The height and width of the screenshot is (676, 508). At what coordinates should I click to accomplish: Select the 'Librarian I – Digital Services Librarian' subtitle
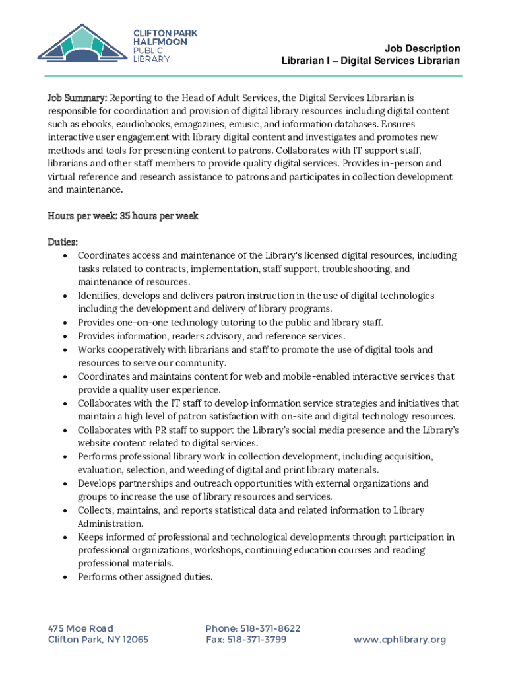(x=370, y=61)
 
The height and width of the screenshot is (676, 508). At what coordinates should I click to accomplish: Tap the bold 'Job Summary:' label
(x=77, y=98)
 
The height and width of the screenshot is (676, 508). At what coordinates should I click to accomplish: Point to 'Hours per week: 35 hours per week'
(x=123, y=216)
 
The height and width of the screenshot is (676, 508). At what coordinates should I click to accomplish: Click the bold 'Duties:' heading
(x=63, y=243)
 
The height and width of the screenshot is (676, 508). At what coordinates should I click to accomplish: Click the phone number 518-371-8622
(x=253, y=628)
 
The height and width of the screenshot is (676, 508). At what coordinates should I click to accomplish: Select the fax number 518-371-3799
(x=246, y=640)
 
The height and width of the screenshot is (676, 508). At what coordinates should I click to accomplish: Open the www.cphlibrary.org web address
(x=400, y=640)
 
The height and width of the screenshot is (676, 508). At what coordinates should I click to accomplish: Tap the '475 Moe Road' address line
(x=80, y=628)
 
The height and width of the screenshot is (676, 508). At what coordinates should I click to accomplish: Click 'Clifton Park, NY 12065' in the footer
(x=98, y=640)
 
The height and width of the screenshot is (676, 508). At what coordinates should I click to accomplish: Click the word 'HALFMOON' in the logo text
(x=160, y=42)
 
